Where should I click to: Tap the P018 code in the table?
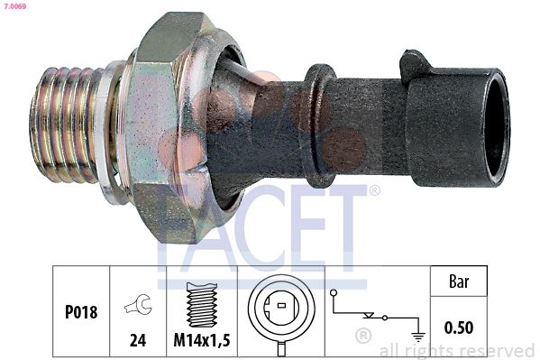(81, 312)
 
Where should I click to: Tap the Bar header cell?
(458, 282)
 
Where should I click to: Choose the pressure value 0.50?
(458, 327)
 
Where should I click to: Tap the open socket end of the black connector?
(494, 126)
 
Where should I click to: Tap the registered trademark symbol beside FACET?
(374, 190)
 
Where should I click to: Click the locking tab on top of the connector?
(417, 65)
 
